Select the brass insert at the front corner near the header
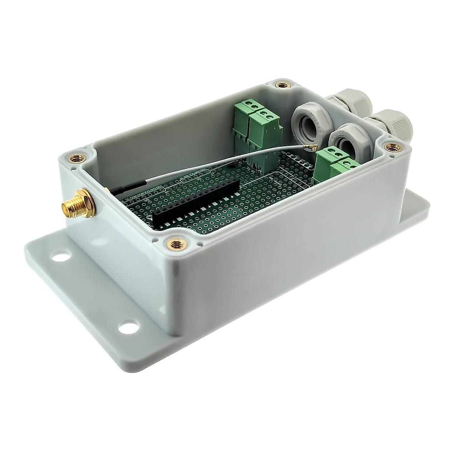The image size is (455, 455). [176, 245]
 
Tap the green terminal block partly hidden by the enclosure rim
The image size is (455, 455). [345, 169]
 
